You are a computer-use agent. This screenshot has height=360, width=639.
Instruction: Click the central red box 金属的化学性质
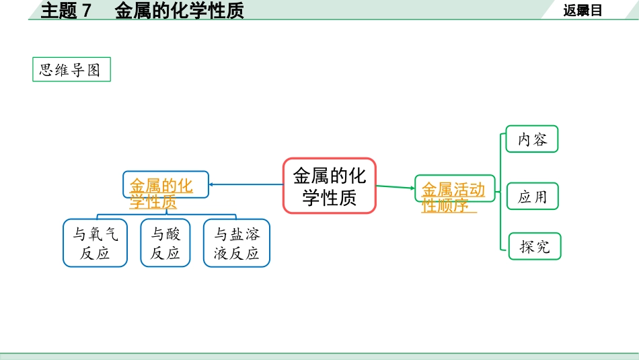pyautogui.click(x=329, y=186)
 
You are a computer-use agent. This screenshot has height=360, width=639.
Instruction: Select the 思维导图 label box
pyautogui.click(x=71, y=70)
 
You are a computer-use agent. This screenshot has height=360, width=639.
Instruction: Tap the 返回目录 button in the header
pyautogui.click(x=582, y=10)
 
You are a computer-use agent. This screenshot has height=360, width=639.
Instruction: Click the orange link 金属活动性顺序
pyautogui.click(x=452, y=197)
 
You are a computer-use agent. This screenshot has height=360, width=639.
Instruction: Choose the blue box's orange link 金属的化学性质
pyautogui.click(x=161, y=193)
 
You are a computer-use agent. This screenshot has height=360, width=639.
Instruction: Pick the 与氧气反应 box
pyautogui.click(x=95, y=243)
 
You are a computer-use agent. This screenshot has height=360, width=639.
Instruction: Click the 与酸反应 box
pyautogui.click(x=165, y=243)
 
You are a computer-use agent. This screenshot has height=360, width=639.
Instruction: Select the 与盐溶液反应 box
pyautogui.click(x=236, y=243)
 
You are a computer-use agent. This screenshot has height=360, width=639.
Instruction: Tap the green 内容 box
pyautogui.click(x=532, y=139)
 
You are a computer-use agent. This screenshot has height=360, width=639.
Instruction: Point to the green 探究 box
pyautogui.click(x=534, y=246)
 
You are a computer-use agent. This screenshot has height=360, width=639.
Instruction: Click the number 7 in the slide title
pyautogui.click(x=86, y=10)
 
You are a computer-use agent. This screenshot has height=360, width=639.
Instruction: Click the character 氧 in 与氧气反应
pyautogui.click(x=95, y=235)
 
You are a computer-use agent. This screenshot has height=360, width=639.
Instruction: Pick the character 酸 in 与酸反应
pyautogui.click(x=173, y=235)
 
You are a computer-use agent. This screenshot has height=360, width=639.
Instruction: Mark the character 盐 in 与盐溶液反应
pyautogui.click(x=236, y=235)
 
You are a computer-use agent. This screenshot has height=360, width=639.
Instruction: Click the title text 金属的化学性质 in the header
pyautogui.click(x=179, y=10)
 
